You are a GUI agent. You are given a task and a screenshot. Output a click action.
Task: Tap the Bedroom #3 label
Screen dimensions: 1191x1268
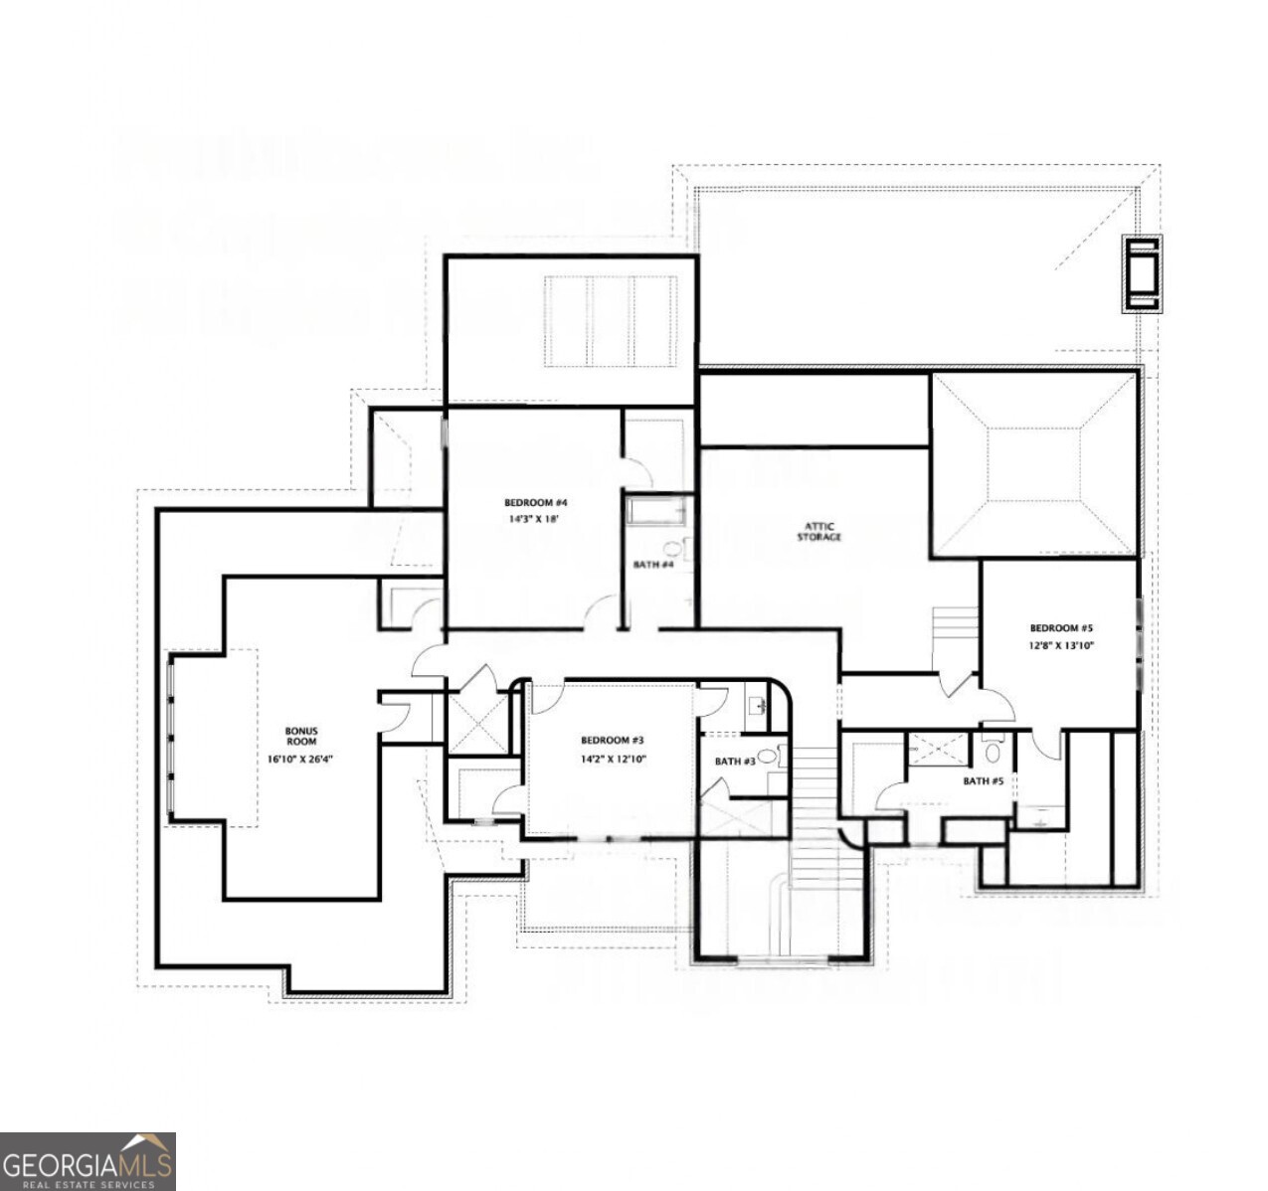[x=613, y=741]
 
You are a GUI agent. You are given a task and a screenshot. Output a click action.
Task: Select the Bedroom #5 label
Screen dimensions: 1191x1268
[x=1061, y=628]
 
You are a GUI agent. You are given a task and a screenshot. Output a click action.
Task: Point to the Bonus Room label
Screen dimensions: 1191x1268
[x=300, y=736]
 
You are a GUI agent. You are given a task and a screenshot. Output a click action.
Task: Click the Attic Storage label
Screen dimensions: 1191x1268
[x=818, y=532]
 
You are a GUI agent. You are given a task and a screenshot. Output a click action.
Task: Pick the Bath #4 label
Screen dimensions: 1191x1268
[x=653, y=565]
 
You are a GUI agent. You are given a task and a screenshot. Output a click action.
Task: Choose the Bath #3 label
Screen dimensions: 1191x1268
[x=735, y=762]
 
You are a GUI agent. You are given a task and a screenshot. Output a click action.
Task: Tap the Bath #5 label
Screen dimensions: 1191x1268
[x=983, y=781]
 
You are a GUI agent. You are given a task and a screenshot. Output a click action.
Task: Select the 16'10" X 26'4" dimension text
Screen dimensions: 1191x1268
[x=300, y=760]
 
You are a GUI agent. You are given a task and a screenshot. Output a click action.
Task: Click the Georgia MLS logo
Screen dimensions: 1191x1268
[x=88, y=1161]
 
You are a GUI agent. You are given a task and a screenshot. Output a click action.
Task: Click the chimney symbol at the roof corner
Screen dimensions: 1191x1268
[x=1142, y=273]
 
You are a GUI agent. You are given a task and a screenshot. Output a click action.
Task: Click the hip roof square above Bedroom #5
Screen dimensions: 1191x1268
[x=1034, y=463]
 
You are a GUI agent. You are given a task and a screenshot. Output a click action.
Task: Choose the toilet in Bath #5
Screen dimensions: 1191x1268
[x=992, y=751]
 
